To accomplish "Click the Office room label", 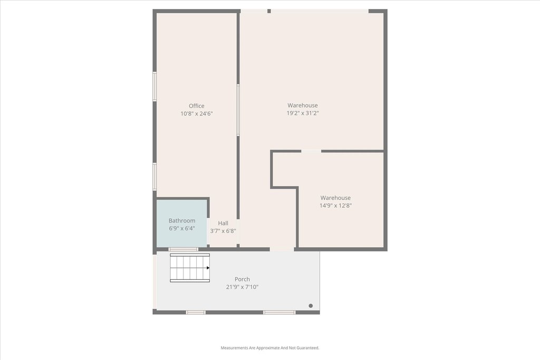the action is coord(196,106).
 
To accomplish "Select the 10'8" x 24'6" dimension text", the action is coord(197,113).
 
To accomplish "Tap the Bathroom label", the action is coord(182,221).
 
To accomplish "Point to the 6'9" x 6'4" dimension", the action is coord(182,228).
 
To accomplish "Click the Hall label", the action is coord(223,223).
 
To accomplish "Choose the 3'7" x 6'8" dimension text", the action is coord(223,231).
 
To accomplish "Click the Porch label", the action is coord(242,279).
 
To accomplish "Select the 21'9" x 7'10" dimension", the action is coord(242,287).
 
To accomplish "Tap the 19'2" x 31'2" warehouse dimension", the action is coord(303,113).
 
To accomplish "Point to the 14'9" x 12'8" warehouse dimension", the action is coord(335,206).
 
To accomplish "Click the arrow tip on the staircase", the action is coord(209,268).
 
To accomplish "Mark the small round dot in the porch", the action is coord(311,306).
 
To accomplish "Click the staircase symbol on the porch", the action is coord(190,268).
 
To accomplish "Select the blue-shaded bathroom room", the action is coord(182,223).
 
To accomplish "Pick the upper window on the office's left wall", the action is coord(155,86).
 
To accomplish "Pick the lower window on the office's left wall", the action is coord(155,176).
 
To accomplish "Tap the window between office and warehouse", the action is coord(238,110).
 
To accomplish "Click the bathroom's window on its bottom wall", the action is coord(183,249).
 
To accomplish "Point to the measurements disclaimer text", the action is coord(270,348).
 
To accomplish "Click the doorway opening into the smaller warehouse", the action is coord(311,151).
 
